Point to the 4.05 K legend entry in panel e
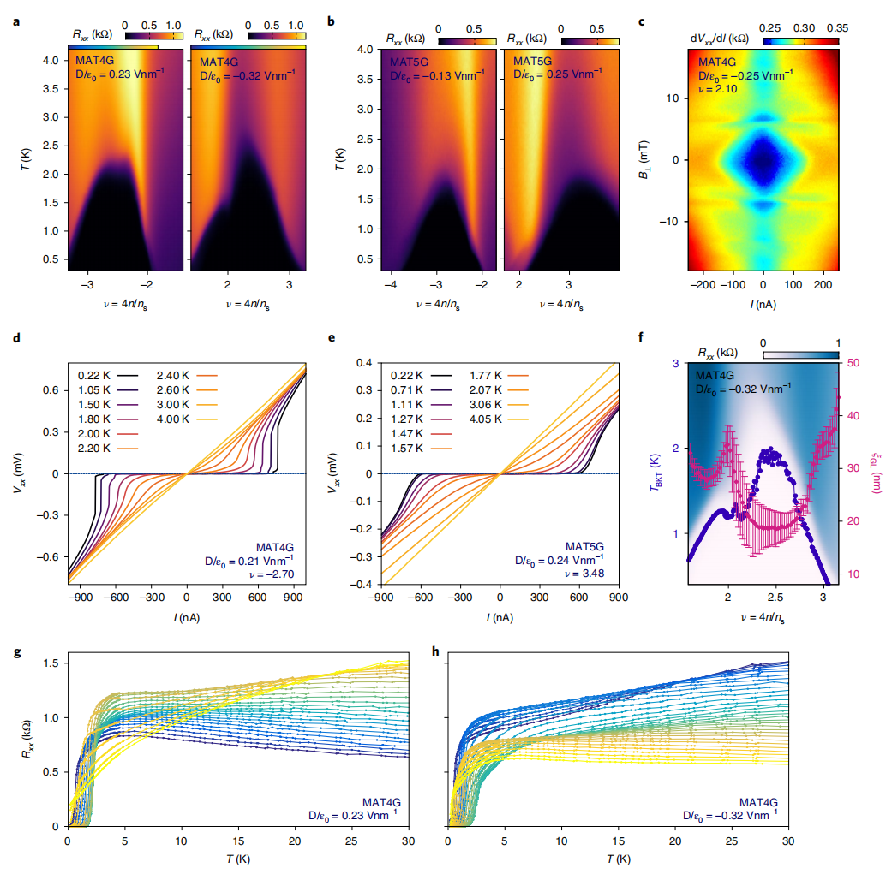click(x=488, y=419)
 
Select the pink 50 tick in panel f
click(x=854, y=362)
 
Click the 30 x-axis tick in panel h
click(x=787, y=841)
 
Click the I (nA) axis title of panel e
click(x=500, y=616)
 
